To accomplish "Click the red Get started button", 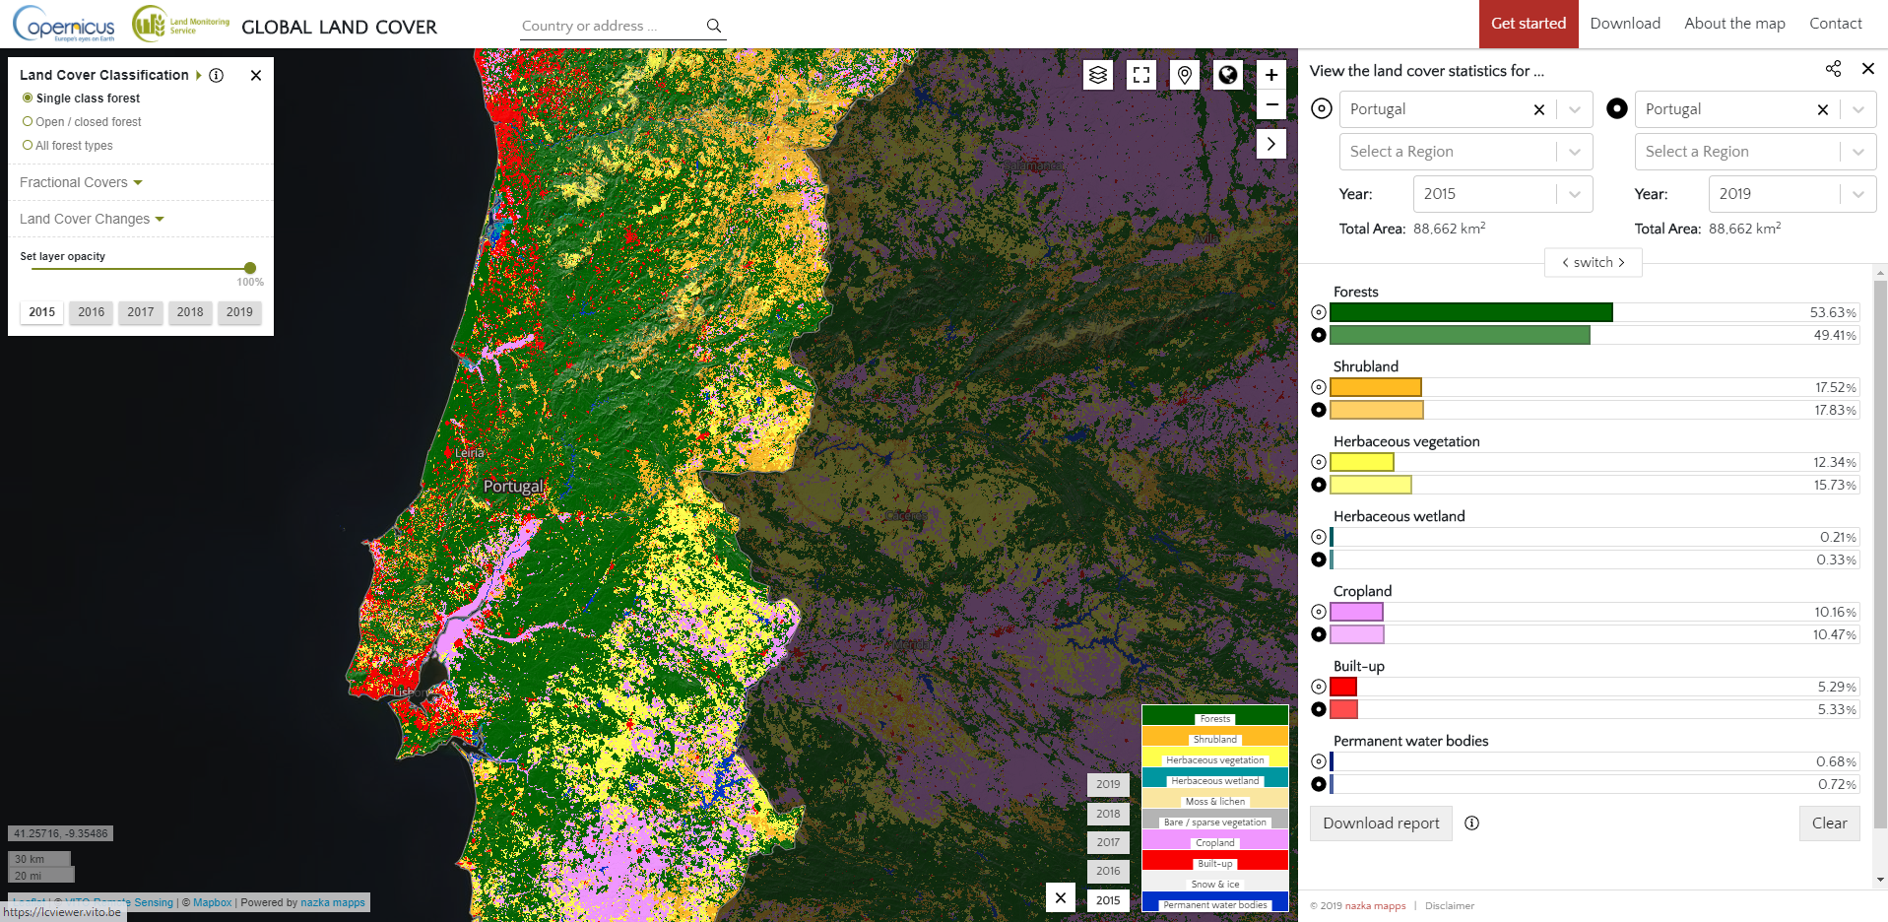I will click(1528, 24).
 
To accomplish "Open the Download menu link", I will click(1624, 24).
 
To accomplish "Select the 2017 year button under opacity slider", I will click(141, 312).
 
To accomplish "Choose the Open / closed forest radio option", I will click(29, 122).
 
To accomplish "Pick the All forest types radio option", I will click(29, 146).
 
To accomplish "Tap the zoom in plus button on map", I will click(1271, 75).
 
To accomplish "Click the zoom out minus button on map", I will click(1271, 104).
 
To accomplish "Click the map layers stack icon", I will click(1098, 75).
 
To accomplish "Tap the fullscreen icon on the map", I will click(1141, 75).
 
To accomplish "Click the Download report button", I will click(1381, 823).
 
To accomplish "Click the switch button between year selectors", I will click(1593, 262).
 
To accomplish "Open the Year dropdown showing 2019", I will click(1791, 194).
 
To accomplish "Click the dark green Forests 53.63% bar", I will click(1470, 312).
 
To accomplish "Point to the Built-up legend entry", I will click(1214, 863).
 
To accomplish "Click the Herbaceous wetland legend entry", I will click(1214, 780).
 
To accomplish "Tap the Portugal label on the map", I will click(512, 487).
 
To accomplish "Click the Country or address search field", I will click(611, 27).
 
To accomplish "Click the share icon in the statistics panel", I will click(1833, 69).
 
